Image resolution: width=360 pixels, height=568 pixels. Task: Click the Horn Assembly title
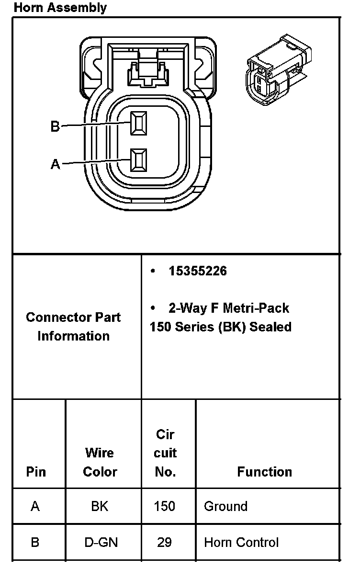coord(60,8)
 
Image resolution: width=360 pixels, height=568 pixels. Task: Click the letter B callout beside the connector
coord(55,126)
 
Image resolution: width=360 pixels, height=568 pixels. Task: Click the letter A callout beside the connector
coord(56,164)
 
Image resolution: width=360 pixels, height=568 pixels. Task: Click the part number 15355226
coord(198,271)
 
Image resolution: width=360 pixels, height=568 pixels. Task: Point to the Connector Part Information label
coord(73,326)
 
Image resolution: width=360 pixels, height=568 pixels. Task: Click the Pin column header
coord(36,472)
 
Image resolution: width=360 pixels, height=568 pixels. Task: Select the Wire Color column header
coord(100,462)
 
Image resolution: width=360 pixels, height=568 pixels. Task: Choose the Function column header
coord(264,472)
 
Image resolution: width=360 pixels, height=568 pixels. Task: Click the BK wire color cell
coord(100,506)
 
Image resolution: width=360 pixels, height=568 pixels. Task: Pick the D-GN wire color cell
coord(100,542)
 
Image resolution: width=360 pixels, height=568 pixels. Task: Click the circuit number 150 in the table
coord(165,506)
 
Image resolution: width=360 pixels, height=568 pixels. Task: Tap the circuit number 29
coord(165,542)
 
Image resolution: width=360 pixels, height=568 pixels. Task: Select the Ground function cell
coord(225,506)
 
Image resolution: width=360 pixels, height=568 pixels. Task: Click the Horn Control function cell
coord(241,542)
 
